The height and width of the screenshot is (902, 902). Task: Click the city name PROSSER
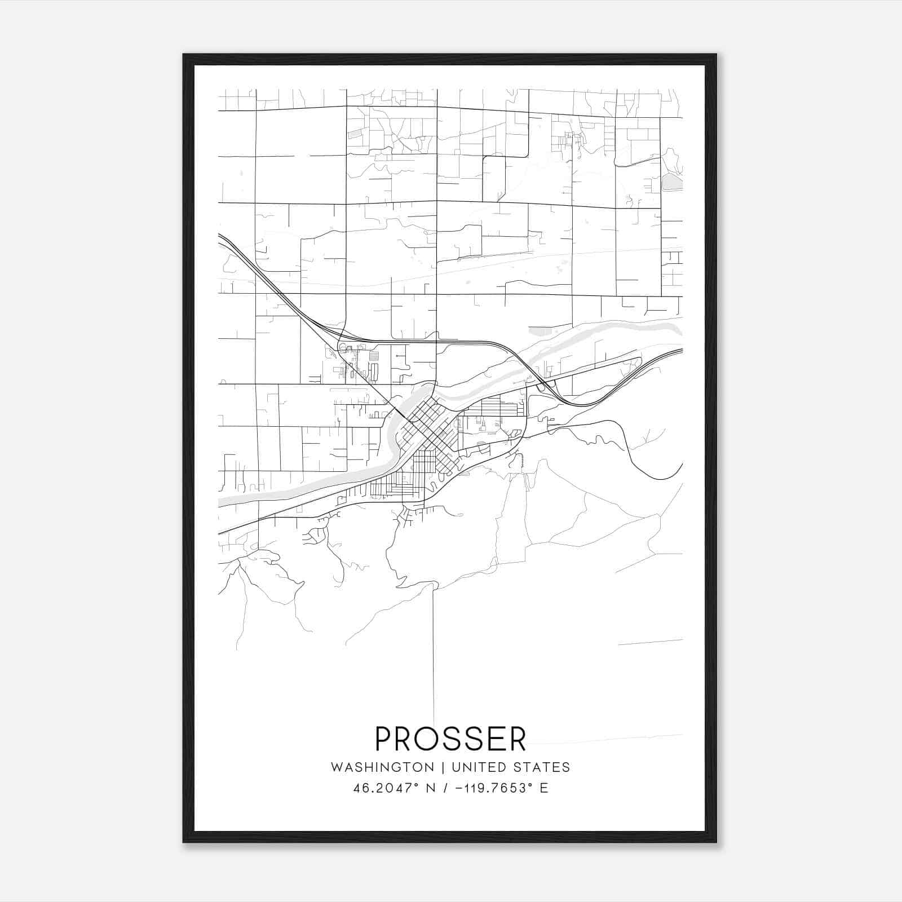point(450,739)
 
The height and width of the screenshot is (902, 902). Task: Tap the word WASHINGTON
point(382,767)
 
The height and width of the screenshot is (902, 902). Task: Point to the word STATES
point(543,767)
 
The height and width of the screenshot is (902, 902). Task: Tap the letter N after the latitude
point(431,788)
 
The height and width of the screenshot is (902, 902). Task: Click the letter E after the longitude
point(544,788)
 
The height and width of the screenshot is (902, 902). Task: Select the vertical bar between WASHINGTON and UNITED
point(443,767)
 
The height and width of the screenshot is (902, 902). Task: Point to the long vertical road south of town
point(434,648)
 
